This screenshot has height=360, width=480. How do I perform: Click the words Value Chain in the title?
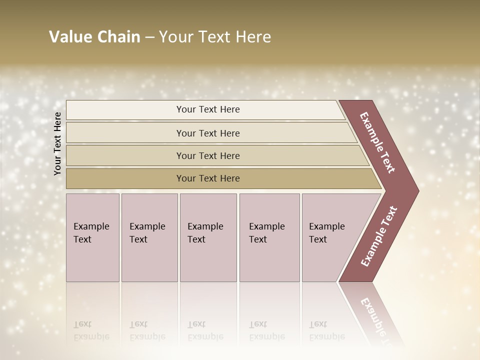pyautogui.click(x=94, y=37)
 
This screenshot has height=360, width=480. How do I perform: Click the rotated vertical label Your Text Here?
pyautogui.click(x=57, y=143)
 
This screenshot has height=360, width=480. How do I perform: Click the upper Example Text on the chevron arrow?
pyautogui.click(x=377, y=142)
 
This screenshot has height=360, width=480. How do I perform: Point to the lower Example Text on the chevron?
pyautogui.click(x=379, y=236)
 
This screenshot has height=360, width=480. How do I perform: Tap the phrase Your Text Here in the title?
pyautogui.click(x=215, y=37)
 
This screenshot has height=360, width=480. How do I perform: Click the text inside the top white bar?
pyautogui.click(x=208, y=109)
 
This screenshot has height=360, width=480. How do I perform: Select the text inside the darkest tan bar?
pyautogui.click(x=208, y=178)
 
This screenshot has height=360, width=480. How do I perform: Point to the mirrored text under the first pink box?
pyautogui.click(x=91, y=330)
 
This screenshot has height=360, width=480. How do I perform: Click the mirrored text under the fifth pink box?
pyautogui.click(x=326, y=330)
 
